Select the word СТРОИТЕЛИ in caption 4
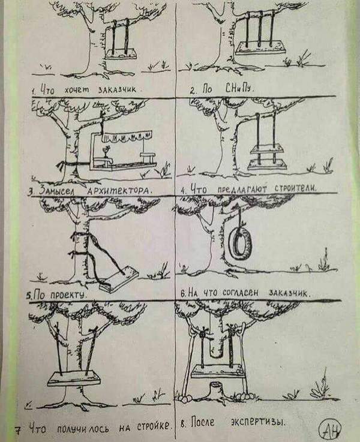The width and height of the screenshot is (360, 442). tap(295, 188)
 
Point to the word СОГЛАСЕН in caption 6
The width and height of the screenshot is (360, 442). tap(240, 293)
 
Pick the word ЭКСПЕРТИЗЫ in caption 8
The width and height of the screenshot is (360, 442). tap(257, 422)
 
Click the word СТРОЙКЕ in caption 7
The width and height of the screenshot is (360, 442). tap(154, 426)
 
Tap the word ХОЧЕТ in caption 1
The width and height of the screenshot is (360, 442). tap(77, 90)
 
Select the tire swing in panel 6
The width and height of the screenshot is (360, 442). tap(240, 243)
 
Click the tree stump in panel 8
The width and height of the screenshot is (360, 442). tap(217, 389)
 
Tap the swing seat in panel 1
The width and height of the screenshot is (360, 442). tap(121, 54)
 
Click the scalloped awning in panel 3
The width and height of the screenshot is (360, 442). tap(127, 137)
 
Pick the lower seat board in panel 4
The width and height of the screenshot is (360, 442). tap(267, 165)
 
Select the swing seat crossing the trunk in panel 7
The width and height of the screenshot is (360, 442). tap(74, 378)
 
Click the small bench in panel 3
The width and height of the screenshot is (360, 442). tap(148, 157)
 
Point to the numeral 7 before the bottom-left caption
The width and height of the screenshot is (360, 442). tap(18, 430)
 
